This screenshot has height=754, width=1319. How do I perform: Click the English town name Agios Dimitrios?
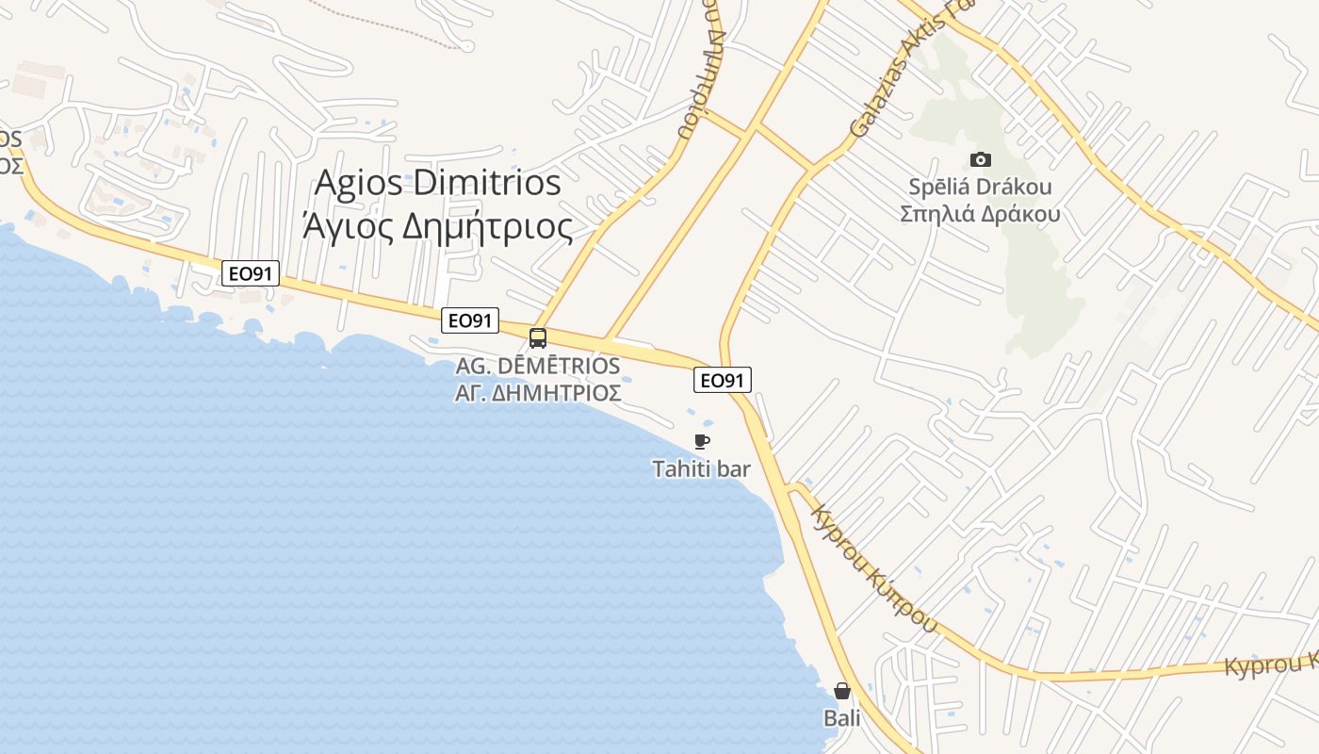tap(437, 183)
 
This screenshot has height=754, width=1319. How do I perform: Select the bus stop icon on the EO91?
tap(538, 338)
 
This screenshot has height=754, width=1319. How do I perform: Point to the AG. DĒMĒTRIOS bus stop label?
tap(538, 366)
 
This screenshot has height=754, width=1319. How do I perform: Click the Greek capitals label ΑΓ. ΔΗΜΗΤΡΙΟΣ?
tap(538, 392)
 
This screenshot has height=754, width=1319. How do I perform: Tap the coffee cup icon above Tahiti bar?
tap(701, 441)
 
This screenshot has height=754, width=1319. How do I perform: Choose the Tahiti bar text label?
tap(701, 468)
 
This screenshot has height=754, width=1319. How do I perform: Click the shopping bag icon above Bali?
tap(842, 691)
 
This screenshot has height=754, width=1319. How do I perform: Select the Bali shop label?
tap(842, 718)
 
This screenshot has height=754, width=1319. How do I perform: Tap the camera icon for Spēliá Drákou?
tap(980, 160)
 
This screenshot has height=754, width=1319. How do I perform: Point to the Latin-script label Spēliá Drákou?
tap(980, 187)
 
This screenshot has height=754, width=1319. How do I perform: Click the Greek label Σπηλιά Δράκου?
tap(980, 214)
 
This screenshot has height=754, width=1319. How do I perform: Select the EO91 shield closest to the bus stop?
tap(470, 320)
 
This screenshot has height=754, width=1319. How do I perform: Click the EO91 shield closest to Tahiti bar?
tap(723, 380)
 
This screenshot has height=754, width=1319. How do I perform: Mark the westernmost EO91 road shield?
tap(252, 274)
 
